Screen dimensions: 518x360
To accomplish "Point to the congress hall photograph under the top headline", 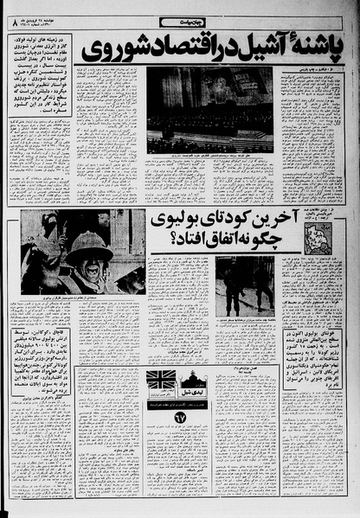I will tap(209, 109).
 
